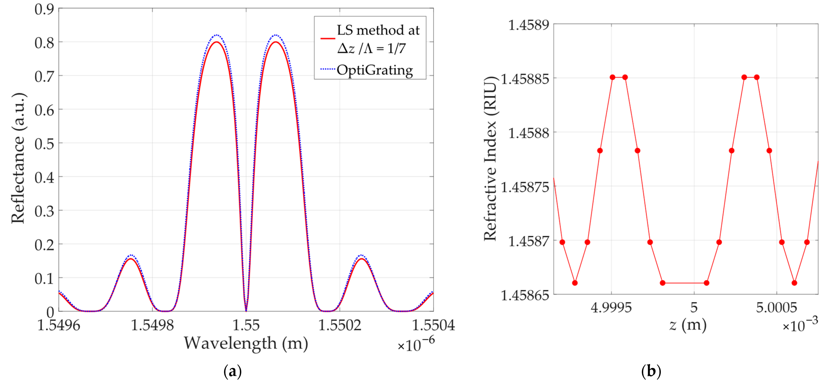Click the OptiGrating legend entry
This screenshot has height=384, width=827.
click(x=374, y=70)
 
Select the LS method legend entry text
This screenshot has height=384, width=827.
click(x=378, y=39)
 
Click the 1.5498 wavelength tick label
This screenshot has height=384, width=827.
click(x=152, y=325)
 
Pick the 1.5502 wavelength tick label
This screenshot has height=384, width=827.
click(x=340, y=325)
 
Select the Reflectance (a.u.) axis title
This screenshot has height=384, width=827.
click(x=18, y=158)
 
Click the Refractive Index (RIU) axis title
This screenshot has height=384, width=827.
click(x=490, y=158)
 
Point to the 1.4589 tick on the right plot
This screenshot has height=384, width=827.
click(x=528, y=25)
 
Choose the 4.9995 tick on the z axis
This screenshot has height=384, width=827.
click(x=611, y=308)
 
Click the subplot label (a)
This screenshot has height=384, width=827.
click(x=232, y=372)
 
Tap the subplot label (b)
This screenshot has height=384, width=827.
click(x=651, y=372)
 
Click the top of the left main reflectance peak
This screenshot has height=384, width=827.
click(x=217, y=42)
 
